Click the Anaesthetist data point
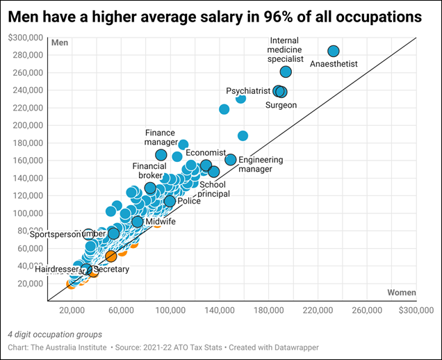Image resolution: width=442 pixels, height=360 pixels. tap(334, 51)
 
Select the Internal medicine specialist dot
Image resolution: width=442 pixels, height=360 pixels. tap(286, 72)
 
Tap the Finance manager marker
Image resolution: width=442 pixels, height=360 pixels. tap(161, 155)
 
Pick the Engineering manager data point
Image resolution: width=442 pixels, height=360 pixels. tap(231, 160)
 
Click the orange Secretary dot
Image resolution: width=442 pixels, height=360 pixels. tap(111, 256)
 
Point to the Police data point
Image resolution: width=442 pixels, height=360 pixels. tap(170, 202)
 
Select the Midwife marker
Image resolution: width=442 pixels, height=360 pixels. tap(138, 222)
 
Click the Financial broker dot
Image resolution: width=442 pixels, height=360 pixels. tap(150, 188)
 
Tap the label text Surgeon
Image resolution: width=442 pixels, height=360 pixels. tap(281, 105)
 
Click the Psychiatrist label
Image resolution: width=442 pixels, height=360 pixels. tap(247, 91)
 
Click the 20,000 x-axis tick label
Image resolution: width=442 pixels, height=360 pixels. tap(72, 309)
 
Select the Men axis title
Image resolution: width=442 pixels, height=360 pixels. tap(60, 43)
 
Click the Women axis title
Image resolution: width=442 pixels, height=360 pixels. tap(401, 292)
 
